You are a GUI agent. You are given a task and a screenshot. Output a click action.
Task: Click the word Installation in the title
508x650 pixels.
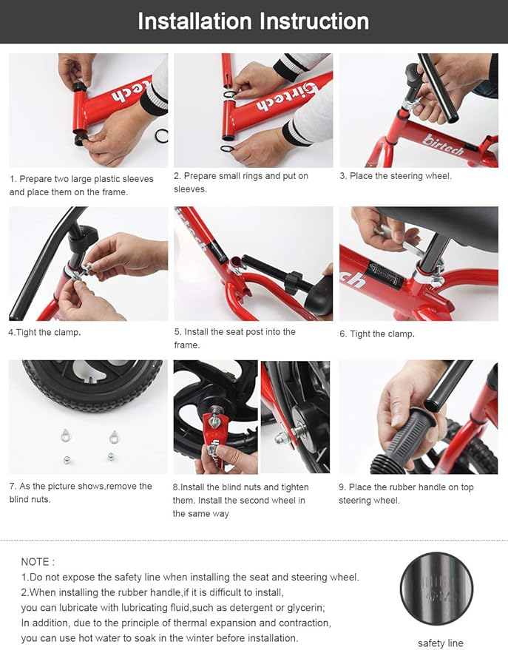point(194,21)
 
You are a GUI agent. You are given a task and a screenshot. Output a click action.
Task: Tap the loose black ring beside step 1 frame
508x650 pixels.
point(160,135)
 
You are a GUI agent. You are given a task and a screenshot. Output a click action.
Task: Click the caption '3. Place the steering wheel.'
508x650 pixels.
point(396,176)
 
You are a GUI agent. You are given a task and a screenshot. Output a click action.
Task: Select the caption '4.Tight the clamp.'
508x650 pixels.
point(44,333)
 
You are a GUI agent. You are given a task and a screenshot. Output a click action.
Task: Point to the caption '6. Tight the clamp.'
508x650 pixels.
point(377,334)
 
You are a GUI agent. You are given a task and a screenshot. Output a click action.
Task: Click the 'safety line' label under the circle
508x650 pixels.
point(441,643)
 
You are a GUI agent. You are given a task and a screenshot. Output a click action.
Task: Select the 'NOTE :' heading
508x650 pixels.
point(38,562)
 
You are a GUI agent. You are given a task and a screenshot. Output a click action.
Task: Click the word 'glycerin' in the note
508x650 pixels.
point(305,608)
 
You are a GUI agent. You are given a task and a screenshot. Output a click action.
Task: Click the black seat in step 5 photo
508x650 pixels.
point(320,296)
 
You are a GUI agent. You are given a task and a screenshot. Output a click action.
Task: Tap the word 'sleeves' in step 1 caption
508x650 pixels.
point(138,179)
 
